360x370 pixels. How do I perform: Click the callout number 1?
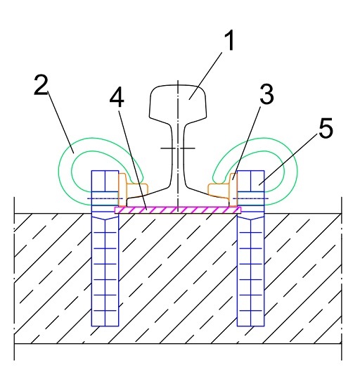(229, 41)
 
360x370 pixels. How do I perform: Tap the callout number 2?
(41, 85)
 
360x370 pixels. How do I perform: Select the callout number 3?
(266, 94)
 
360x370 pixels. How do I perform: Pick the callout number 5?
(326, 127)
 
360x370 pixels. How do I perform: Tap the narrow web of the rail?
(178, 153)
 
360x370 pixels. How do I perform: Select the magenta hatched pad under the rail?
(178, 210)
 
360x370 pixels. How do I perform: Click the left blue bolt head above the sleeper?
(105, 188)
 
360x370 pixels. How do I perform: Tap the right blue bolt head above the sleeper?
(251, 188)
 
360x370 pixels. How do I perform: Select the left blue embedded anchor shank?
(105, 270)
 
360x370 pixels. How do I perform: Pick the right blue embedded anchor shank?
(251, 270)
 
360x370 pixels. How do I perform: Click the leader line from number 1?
(206, 76)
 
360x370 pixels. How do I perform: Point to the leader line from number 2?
(61, 122)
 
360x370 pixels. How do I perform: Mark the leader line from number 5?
(288, 158)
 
